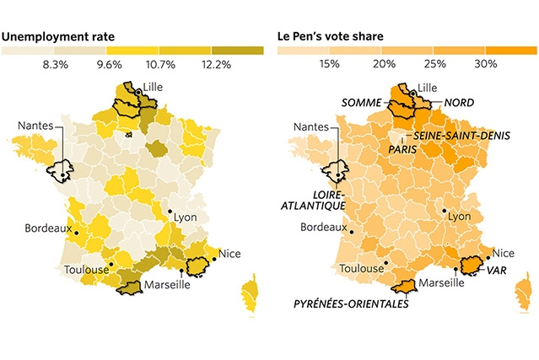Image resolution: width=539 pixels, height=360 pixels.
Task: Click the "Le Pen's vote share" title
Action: [332, 37]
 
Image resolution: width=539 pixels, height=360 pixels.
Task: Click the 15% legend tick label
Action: [330, 65]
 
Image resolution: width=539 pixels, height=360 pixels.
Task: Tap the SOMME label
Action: [362, 103]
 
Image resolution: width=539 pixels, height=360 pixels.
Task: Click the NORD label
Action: [459, 103]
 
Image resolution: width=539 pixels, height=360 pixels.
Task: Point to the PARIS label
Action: [404, 148]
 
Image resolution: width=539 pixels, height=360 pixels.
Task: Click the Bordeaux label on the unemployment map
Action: [46, 227]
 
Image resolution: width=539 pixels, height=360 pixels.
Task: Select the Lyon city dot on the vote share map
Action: [445, 212]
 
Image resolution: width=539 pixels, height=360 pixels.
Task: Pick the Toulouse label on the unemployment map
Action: [86, 270]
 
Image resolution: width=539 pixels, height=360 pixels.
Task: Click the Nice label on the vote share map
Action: [504, 253]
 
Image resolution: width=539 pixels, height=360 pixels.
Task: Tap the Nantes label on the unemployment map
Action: [35, 127]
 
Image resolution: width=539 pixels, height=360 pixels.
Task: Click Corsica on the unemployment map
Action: [249, 295]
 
